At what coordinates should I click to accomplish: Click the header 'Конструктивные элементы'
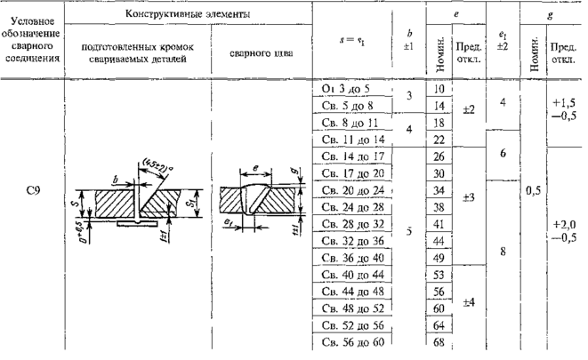pos(186,15)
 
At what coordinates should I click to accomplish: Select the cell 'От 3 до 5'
pos(350,89)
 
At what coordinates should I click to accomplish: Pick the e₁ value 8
pos(503,251)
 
